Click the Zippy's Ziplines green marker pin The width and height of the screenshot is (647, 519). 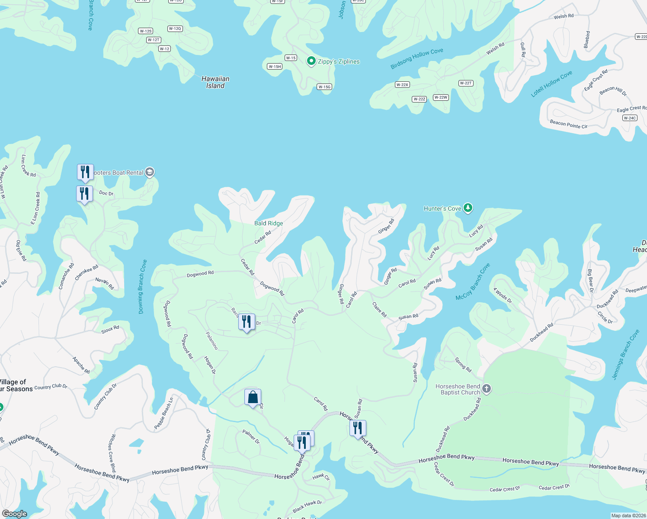point(311,61)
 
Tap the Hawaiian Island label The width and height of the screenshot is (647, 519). point(215,82)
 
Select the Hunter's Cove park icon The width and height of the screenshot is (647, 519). point(468,208)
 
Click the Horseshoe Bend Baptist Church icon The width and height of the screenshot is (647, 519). point(486,388)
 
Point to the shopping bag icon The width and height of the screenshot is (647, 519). point(253,397)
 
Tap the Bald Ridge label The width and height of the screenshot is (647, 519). point(269,223)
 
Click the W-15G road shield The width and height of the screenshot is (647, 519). point(324,87)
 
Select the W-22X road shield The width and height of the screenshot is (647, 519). point(402,85)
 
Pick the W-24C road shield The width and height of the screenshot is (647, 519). point(630,118)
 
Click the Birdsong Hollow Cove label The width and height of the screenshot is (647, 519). point(416,59)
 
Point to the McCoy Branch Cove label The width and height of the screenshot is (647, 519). point(473,282)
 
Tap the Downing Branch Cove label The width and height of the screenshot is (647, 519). point(142,286)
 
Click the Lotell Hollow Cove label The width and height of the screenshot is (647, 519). point(551,83)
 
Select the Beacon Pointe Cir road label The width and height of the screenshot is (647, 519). point(568,124)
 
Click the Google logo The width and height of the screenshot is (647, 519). point(14,514)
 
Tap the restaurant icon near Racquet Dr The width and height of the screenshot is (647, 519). point(247,322)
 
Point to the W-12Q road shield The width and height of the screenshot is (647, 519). point(175,29)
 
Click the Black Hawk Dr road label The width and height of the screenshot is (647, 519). point(307,506)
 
